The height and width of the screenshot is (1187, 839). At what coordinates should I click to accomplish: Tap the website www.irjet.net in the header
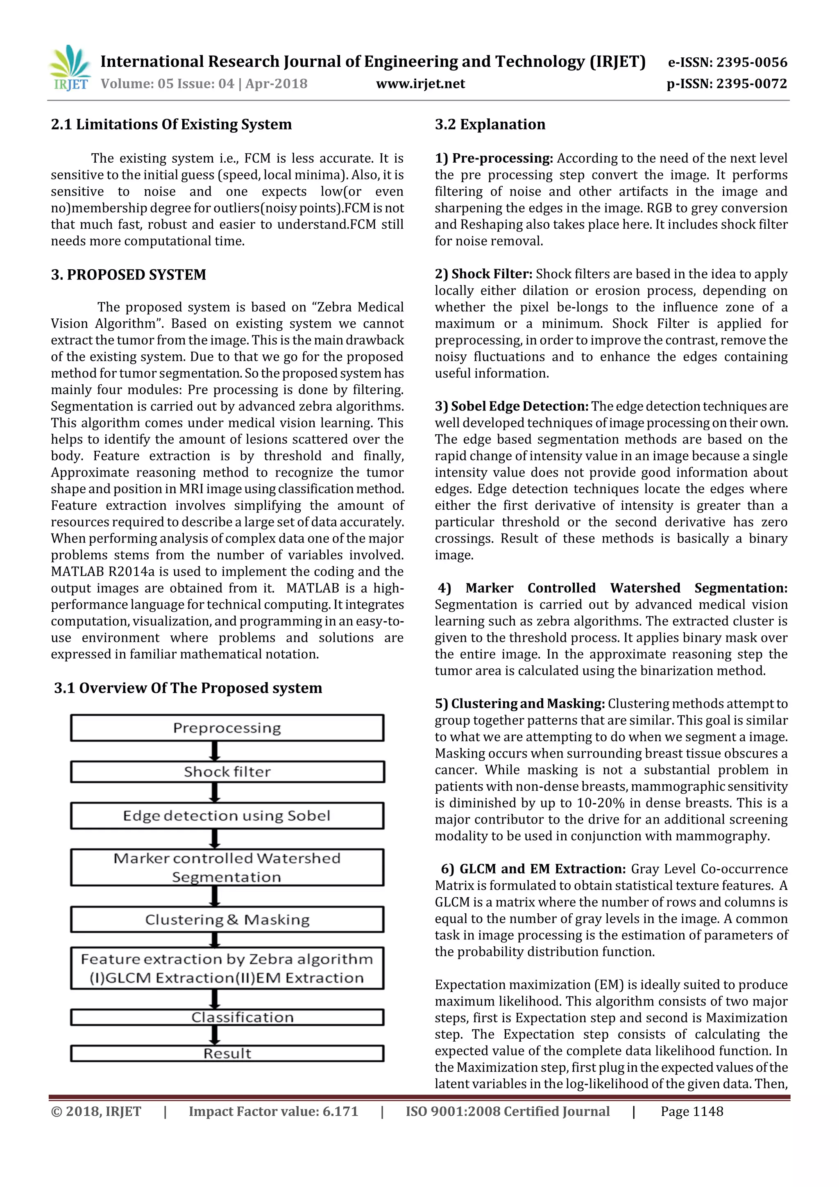(420, 84)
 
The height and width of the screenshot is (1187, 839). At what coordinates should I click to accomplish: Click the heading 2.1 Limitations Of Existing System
(171, 125)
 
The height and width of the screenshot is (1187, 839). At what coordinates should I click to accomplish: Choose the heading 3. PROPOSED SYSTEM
(128, 275)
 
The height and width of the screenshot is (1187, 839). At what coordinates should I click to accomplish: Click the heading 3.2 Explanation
(490, 125)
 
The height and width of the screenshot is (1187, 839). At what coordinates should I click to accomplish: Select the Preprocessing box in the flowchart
(227, 728)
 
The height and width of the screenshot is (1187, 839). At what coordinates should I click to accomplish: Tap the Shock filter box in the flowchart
(227, 772)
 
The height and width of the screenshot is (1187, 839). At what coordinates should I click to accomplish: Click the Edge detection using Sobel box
(227, 816)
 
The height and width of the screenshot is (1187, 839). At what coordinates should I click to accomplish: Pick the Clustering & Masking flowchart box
(227, 920)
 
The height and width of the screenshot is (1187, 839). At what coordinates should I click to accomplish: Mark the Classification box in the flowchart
(227, 1017)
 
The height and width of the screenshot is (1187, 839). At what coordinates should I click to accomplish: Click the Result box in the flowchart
(227, 1053)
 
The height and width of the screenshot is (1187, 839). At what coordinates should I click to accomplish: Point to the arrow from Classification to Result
(215, 1035)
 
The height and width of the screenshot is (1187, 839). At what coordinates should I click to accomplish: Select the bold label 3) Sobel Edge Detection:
(511, 406)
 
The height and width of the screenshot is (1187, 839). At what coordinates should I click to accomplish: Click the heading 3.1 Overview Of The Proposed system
(188, 688)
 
